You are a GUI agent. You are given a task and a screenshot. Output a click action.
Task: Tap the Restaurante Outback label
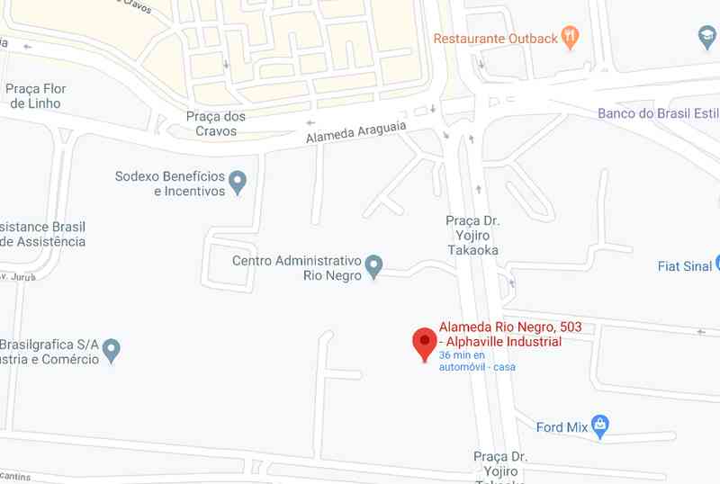click(x=494, y=39)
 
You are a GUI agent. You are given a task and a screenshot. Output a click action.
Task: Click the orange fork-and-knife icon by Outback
click(x=569, y=38)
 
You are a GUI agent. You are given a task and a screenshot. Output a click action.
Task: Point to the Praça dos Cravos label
click(x=216, y=123)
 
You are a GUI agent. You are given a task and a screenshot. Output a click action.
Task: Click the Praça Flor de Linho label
click(x=36, y=96)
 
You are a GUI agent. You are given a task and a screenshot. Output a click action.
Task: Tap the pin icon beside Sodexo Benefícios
click(x=238, y=183)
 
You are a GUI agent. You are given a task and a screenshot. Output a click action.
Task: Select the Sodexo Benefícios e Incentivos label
click(x=169, y=184)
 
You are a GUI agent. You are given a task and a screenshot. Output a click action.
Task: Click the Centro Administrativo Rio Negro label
click(x=296, y=268)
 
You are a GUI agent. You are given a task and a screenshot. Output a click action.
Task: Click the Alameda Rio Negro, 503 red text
click(x=504, y=334)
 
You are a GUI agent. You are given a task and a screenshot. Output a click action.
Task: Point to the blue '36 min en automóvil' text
click(x=478, y=361)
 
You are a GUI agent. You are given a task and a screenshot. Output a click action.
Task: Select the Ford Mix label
click(x=562, y=427)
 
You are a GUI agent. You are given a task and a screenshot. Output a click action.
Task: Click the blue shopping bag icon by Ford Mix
click(x=602, y=426)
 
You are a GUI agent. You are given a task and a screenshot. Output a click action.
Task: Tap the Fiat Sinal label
click(x=685, y=266)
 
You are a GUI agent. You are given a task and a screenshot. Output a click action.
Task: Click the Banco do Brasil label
click(x=658, y=113)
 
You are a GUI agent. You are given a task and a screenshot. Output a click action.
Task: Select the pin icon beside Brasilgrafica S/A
click(x=112, y=350)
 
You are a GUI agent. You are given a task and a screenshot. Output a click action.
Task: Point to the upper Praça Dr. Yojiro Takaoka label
click(x=472, y=235)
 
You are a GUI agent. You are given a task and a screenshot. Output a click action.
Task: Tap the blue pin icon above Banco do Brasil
click(x=707, y=38)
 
